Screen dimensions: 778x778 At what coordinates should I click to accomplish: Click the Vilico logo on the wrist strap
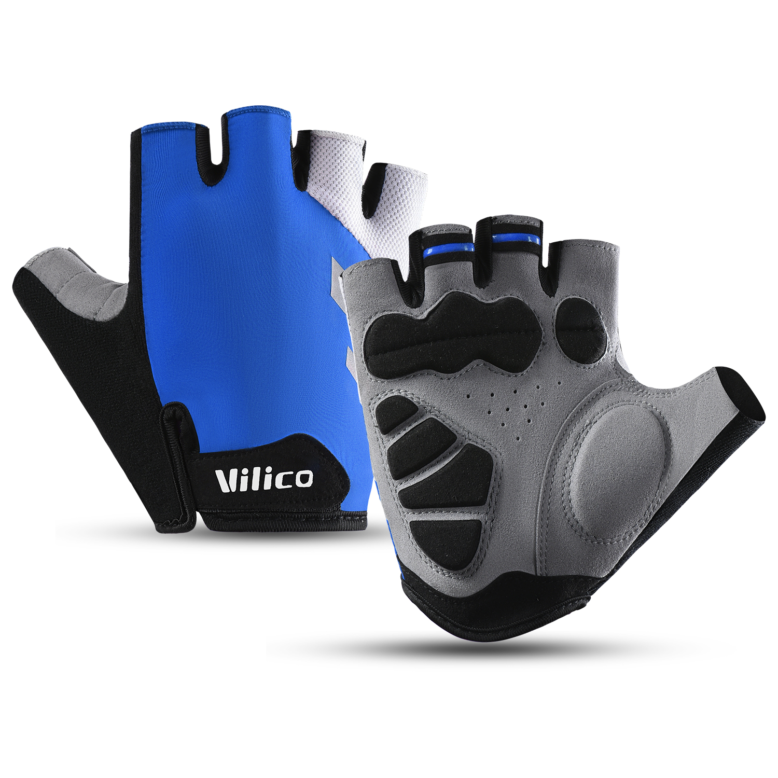(265, 479)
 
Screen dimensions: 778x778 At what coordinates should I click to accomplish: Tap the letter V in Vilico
(226, 480)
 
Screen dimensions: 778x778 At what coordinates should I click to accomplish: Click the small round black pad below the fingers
(581, 330)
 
